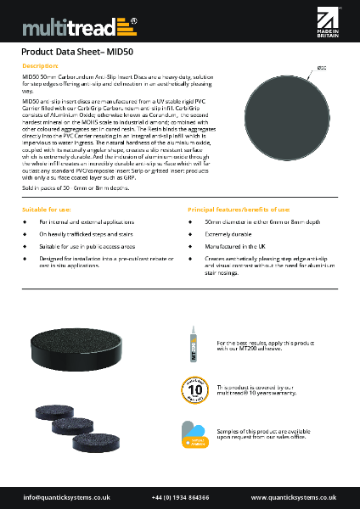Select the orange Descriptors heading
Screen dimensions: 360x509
pyautogui.click(x=40, y=65)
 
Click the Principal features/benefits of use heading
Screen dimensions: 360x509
pyautogui.click(x=239, y=208)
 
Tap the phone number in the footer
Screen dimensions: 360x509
pyautogui.click(x=181, y=496)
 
